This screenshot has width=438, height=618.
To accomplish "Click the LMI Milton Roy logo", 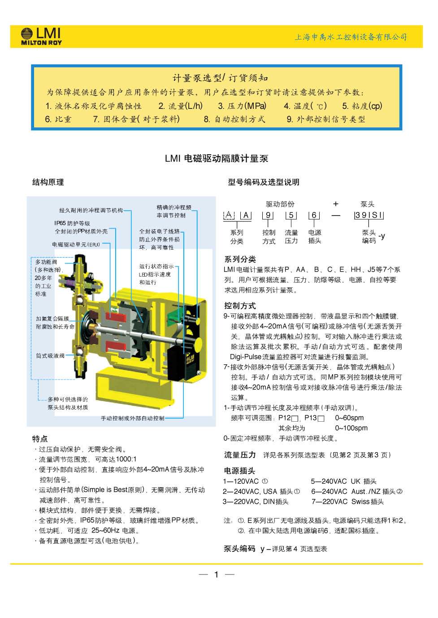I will click(41, 36).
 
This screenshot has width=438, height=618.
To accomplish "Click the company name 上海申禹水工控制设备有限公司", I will click(351, 37).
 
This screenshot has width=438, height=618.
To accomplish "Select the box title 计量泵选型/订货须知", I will click(220, 78).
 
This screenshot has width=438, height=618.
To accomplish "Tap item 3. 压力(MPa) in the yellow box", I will click(242, 106).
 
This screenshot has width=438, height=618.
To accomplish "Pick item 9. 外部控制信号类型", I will click(326, 119).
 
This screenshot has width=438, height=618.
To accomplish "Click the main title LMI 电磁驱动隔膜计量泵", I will click(217, 159).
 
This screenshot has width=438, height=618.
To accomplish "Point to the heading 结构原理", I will click(48, 182).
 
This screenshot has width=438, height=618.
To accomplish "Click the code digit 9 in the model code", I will click(268, 215).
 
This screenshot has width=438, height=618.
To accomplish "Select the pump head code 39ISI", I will click(369, 215).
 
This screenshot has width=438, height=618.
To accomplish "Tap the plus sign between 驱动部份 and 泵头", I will click(336, 204).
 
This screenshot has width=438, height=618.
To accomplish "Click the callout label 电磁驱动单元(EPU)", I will click(76, 245).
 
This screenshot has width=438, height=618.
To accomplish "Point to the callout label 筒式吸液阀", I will click(50, 356).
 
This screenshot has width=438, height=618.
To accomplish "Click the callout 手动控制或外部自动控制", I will click(132, 419).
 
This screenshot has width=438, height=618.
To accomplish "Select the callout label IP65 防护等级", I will click(72, 223).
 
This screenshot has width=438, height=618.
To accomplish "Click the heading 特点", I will click(40, 439).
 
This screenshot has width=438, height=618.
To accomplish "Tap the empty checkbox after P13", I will click(321, 419).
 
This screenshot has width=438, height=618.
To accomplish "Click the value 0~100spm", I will click(351, 428).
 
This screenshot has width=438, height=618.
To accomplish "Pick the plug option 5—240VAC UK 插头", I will click(344, 481).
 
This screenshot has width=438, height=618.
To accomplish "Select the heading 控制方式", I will click(240, 306).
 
